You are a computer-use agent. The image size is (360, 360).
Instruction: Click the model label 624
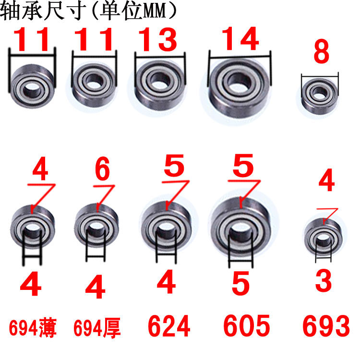pos(169,326)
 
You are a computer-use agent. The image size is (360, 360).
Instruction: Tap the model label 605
pos(247,325)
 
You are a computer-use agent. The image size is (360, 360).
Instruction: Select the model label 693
pos(326,326)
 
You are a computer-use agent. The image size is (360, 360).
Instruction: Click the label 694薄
pos(33,328)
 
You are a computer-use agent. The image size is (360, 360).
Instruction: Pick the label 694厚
pos(97,328)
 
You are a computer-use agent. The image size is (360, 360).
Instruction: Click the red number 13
pos(158,39)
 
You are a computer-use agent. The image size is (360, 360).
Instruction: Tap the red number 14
pos(240,38)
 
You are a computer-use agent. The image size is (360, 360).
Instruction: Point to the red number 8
pos(322,51)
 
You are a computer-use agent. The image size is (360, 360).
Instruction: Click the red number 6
pos(102,169)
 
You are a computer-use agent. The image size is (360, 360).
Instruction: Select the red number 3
pos(324,281)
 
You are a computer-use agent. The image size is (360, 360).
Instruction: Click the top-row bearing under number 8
pos(320,96)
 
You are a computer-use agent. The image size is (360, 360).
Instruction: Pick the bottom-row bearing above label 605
pos(241,228)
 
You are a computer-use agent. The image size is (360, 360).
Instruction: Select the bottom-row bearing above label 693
pos(324,237)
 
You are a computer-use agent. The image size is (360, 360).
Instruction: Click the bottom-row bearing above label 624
pos(166,226)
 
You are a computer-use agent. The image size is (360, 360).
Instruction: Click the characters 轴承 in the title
pos(21,11)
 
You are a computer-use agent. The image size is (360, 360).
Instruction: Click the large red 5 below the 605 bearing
pos(240,283)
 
